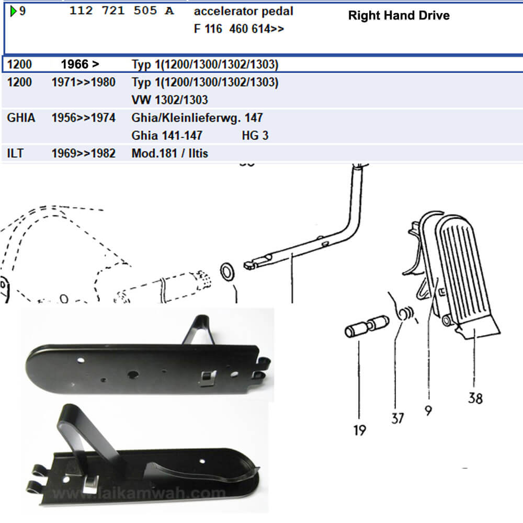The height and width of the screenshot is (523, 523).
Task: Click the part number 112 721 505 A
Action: point(121,11)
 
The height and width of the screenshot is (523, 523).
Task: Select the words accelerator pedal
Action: point(243,11)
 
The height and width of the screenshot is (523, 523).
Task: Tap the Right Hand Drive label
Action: point(399,15)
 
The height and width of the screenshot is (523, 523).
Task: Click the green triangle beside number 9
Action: point(14,11)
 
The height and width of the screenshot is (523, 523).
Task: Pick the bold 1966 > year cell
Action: point(80,65)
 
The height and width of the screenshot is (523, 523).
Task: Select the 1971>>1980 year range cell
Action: point(83,82)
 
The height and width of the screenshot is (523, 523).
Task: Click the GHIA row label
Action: point(21,118)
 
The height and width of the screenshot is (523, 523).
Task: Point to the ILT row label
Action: point(16,154)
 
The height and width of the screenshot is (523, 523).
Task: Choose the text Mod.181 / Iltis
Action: point(170,154)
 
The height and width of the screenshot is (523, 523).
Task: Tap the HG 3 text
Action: point(255,135)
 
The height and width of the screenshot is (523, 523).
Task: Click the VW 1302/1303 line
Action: point(169,99)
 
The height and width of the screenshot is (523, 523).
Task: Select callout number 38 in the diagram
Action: point(474,399)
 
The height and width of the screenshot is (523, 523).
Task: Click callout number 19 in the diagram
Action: point(359,430)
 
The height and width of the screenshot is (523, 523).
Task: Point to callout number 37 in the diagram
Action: point(397,418)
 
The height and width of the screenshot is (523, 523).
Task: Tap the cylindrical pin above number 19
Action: point(366,327)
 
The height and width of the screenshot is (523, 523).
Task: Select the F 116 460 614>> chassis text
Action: point(238,29)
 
